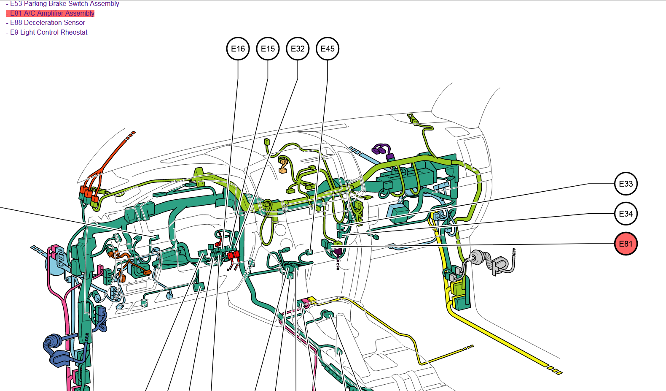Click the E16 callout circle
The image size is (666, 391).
[x=238, y=49]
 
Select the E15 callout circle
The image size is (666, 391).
[x=268, y=49]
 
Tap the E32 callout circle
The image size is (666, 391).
[x=298, y=49]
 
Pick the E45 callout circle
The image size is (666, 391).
[x=328, y=49]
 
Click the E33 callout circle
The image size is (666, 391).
[x=626, y=184]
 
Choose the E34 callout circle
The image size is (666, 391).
[x=626, y=214]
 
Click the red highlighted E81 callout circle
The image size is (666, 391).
[x=626, y=244]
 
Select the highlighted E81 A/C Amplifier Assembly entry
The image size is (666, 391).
[x=50, y=13]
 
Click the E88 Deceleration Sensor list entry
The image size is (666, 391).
[x=46, y=23]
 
